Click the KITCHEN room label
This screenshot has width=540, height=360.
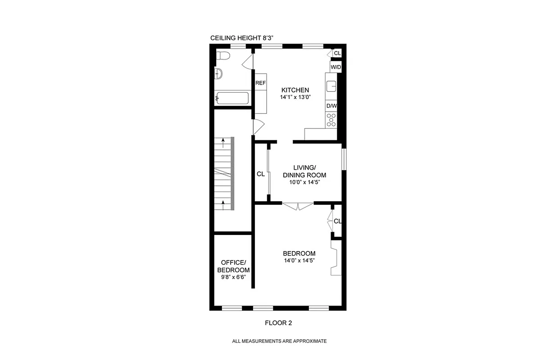click(295, 90)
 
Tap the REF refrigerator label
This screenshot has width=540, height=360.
click(260, 83)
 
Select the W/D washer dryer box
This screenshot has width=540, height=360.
click(336, 67)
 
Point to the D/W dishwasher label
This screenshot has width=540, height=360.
click(331, 106)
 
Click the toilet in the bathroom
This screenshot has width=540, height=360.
click(222, 56)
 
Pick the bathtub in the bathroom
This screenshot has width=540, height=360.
click(232, 98)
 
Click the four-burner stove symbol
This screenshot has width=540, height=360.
click(331, 120)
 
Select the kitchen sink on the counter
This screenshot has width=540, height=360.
click(331, 85)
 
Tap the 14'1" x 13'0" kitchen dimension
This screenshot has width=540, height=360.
click(295, 97)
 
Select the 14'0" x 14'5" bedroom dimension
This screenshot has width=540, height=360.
click(299, 261)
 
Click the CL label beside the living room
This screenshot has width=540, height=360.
click(260, 174)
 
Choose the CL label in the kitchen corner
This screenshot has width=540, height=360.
click(337, 54)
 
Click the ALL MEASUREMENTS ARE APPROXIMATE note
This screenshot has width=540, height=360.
click(279, 341)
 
